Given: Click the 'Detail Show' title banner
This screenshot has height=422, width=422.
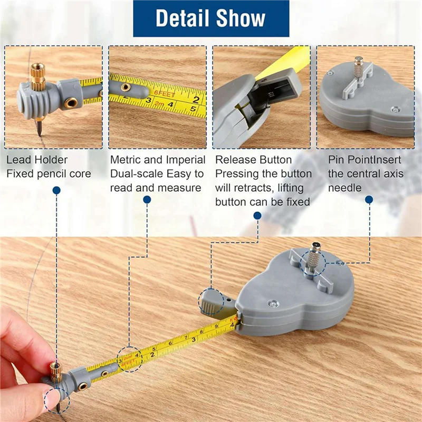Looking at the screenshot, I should tap(211, 18).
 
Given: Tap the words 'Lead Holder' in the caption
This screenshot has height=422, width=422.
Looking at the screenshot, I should tap(37, 160).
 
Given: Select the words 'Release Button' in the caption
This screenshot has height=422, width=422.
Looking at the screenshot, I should tap(253, 160).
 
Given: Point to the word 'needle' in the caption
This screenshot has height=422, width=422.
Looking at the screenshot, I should tap(346, 187).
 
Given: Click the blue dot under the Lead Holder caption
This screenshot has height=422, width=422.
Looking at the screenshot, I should tap(56, 190).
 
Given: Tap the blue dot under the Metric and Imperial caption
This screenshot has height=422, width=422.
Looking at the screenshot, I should tap(147, 200).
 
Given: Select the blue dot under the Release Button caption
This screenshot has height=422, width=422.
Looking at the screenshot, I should tap(257, 215).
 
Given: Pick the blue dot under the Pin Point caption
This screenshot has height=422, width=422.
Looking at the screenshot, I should tap(369, 199).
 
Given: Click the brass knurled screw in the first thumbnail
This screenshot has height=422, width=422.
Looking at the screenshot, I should tap(37, 74).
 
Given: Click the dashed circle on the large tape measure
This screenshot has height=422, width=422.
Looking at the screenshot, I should tap(129, 359).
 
